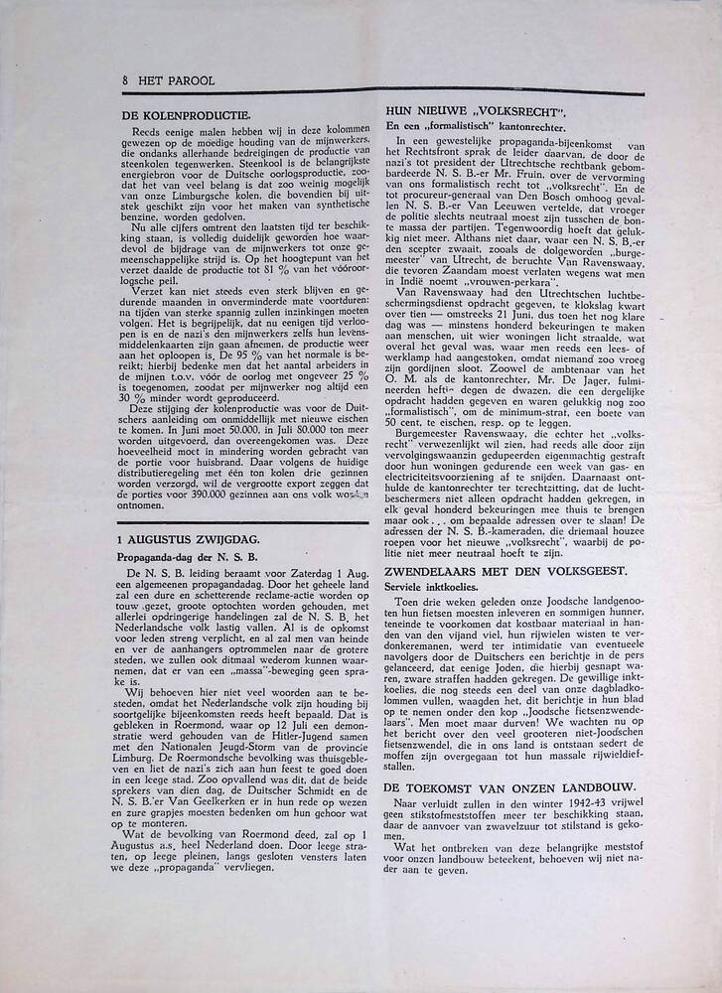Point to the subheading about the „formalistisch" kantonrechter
476,126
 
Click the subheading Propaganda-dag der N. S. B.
187,557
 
